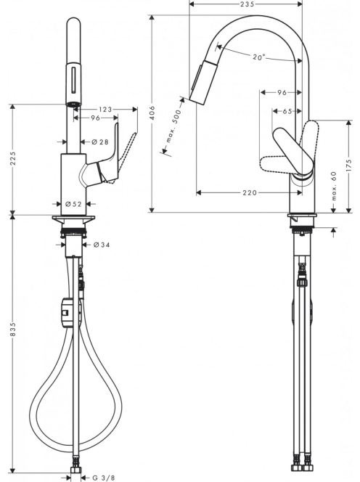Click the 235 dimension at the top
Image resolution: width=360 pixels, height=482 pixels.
click(247, 4)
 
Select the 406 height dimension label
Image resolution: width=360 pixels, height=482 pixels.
click(153, 113)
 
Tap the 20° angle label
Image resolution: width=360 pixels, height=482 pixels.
click(259, 57)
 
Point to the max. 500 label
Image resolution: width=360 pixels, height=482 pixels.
click(173, 126)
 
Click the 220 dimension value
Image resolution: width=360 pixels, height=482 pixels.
click(250, 193)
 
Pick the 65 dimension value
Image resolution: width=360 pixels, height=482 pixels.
click(287, 111)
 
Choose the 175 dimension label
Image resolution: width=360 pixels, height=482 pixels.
click(348, 166)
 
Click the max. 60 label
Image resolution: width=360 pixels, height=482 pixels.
click(334, 186)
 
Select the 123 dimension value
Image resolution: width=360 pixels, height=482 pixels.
click(105, 110)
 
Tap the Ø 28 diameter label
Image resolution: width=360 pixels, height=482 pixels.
click(100, 142)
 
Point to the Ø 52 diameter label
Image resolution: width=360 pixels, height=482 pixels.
click(73, 204)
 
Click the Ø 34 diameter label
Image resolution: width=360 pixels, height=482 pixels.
click(101, 245)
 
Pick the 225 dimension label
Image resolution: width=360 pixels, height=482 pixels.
click(12, 158)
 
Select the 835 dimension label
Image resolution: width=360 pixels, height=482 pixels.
click(12, 329)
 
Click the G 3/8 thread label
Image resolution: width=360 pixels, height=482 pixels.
click(104, 478)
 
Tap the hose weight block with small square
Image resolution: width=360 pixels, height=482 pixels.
click(68, 313)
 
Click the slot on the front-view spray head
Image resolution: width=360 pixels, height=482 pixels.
click(74, 80)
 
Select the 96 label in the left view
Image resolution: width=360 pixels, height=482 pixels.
click(95, 118)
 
